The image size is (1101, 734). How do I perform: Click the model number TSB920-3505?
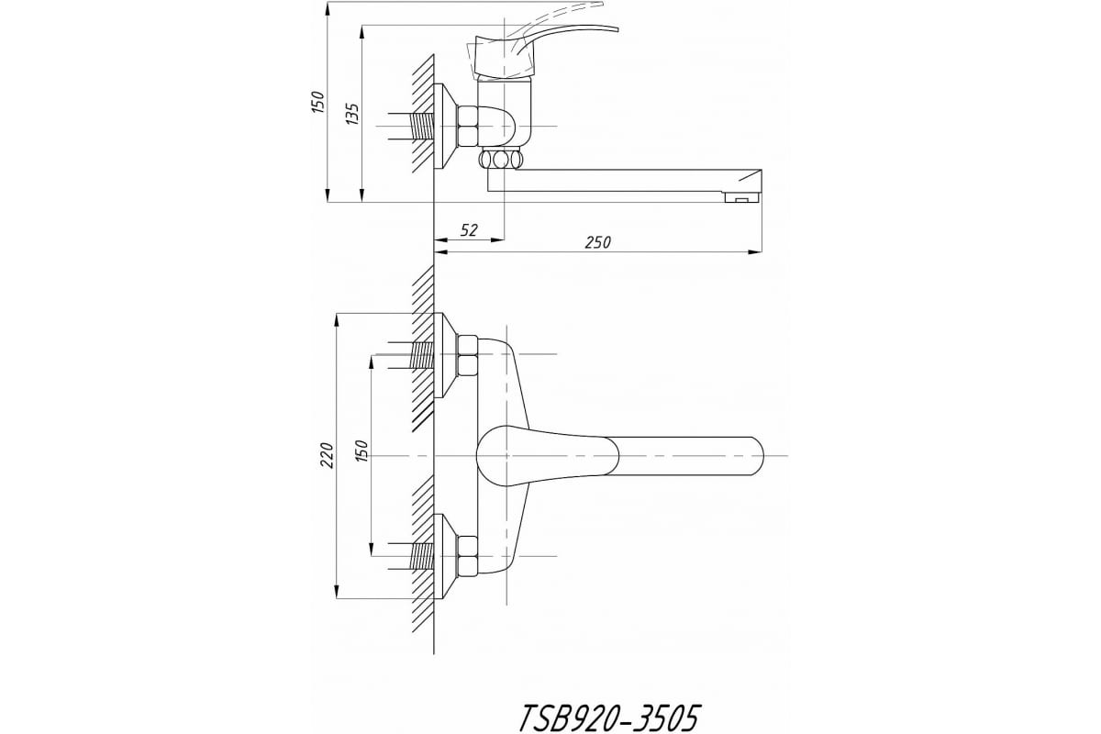tap(608, 718)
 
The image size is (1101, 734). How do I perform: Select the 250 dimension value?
tap(597, 242)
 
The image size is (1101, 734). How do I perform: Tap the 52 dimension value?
tap(469, 230)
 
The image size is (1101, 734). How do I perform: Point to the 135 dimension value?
tap(352, 113)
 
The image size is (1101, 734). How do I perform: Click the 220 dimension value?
tap(327, 455)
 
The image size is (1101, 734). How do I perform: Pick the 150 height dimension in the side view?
tap(318, 102)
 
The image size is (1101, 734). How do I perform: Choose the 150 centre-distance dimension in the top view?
tap(361, 450)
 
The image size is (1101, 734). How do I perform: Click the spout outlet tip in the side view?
tap(742, 197)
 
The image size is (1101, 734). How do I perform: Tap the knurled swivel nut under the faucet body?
tap(501, 160)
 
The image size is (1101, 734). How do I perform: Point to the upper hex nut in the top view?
tap(467, 356)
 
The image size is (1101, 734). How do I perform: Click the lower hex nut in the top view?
tap(467, 557)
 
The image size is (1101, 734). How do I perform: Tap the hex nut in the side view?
tap(467, 126)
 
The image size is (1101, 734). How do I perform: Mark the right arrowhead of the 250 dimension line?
tap(755, 252)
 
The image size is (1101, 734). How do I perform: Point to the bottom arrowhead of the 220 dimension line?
tap(337, 592)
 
